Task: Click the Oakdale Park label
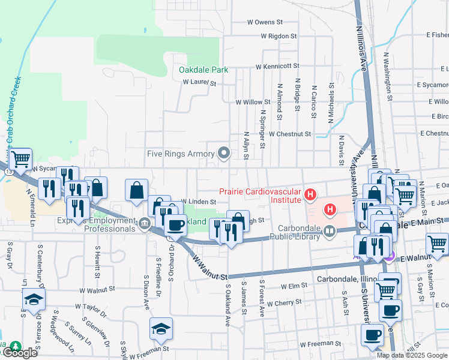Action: pos(203,70)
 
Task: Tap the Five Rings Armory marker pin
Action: pos(224,154)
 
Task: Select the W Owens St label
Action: pos(265,22)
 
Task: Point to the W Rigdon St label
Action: pos(278,36)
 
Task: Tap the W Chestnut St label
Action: pos(290,134)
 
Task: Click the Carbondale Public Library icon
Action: pos(328,230)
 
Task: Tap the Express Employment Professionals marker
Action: pos(145,224)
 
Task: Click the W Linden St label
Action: pos(198,202)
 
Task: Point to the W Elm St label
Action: pos(294,287)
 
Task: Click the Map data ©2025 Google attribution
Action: pos(412,355)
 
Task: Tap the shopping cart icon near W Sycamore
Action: pos(20,159)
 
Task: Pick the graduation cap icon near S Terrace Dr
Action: pos(34,299)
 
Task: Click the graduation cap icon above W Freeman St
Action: pos(160,328)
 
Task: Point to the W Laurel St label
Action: pos(199,82)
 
